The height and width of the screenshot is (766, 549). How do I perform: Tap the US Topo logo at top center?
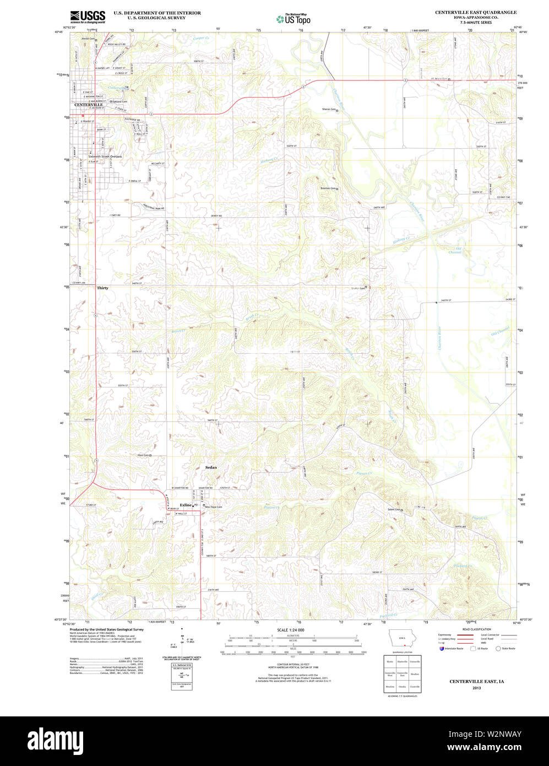[293, 18]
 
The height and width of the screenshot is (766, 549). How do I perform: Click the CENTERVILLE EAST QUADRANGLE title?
[476, 12]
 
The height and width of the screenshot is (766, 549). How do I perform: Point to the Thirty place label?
[102, 288]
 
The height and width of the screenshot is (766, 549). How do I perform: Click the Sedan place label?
[211, 467]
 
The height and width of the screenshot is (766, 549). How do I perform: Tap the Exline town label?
[186, 505]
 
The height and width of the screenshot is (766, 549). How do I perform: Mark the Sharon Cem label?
[329, 109]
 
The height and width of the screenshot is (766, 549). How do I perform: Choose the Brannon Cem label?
[328, 188]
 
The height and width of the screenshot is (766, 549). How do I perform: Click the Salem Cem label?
[393, 510]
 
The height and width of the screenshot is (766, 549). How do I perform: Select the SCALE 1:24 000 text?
[290, 630]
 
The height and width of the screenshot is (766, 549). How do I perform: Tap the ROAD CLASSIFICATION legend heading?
[477, 629]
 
